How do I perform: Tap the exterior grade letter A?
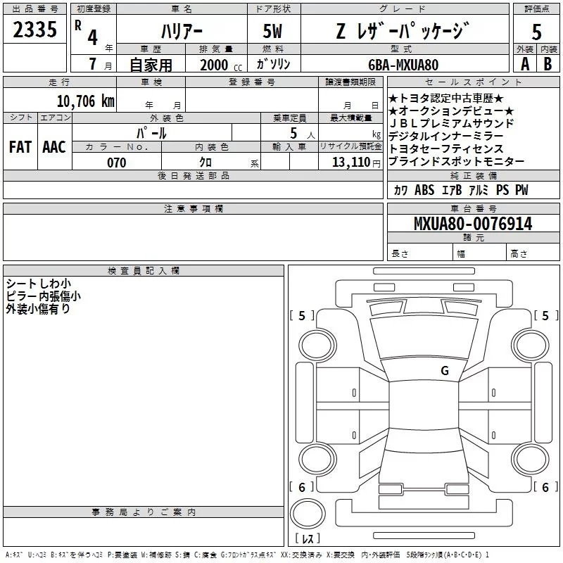(x=524, y=64)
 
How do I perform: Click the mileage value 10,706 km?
(x=86, y=101)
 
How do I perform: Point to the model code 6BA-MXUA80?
(x=403, y=65)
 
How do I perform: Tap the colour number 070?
(x=116, y=163)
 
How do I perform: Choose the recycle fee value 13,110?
(x=349, y=163)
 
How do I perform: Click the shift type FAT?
(x=20, y=147)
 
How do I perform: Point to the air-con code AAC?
(x=53, y=147)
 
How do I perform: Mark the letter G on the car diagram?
(x=444, y=370)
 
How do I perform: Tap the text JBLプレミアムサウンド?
(x=451, y=124)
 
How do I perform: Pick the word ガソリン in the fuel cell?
(x=272, y=64)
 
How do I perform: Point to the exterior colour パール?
(x=152, y=133)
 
